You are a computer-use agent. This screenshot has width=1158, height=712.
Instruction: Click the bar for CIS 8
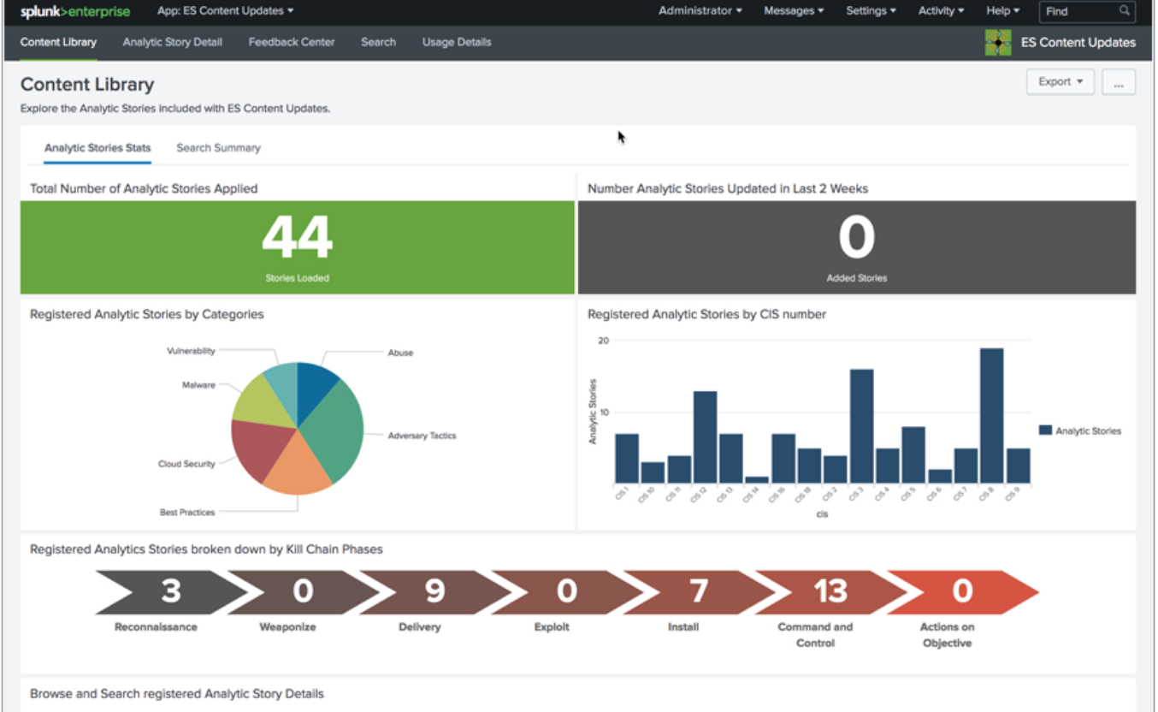pos(991,416)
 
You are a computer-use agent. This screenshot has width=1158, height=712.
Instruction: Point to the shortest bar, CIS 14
pos(757,480)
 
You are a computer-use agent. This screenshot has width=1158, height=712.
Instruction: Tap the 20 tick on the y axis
pos(603,341)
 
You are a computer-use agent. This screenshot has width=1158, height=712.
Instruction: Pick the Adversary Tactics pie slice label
pos(422,436)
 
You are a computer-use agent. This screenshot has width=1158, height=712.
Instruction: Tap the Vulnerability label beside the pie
pos(191,351)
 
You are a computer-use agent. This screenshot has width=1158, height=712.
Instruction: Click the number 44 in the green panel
pos(297,237)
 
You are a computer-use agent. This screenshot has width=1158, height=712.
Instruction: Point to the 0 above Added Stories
pos(856,237)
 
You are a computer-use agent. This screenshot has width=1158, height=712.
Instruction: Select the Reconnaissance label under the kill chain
pos(156,627)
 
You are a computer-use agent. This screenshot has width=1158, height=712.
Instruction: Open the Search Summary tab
pos(218,148)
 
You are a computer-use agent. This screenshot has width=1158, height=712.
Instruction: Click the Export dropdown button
pos(1060,82)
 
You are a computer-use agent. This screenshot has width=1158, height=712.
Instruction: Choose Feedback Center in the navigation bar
pos(292,42)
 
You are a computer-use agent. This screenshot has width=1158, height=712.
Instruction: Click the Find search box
pos(1079,11)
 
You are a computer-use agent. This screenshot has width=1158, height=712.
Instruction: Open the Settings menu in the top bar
pos(871,11)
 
